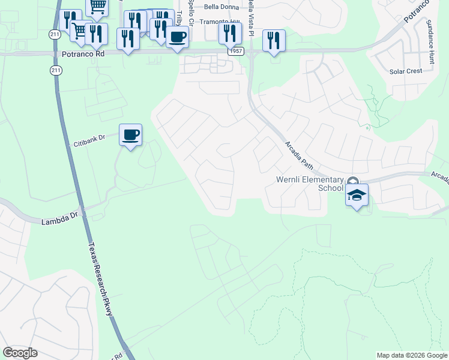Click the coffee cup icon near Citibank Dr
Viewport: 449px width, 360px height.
[x=130, y=134]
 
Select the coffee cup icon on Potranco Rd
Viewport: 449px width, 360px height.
[x=176, y=36]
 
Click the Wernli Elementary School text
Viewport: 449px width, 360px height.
[x=309, y=183]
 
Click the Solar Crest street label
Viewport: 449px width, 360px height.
[x=406, y=71]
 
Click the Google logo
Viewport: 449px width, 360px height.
[x=20, y=353]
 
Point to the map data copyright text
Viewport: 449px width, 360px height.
[x=411, y=355]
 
